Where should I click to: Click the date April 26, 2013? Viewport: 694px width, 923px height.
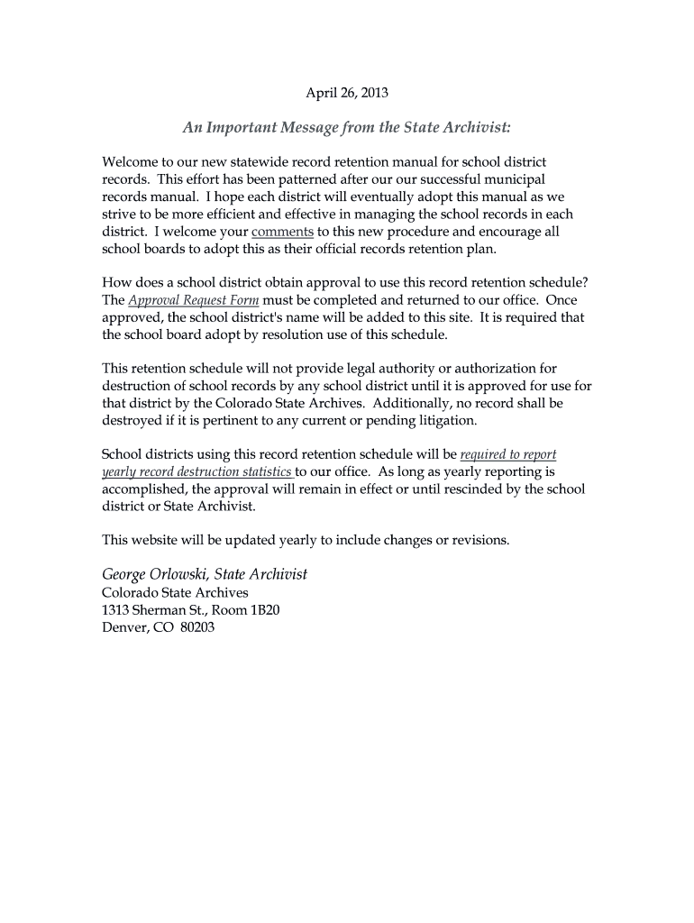coord(347,92)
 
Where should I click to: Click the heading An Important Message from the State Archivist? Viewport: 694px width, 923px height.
coord(347,128)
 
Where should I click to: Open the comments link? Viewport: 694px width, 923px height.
coord(283,231)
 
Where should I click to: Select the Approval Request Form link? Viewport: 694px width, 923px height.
coord(194,300)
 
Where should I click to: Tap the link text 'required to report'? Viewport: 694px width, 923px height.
coord(508,454)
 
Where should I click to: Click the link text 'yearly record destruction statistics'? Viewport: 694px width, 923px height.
coord(197,471)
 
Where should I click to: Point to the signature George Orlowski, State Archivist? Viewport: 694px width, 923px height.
coord(205,574)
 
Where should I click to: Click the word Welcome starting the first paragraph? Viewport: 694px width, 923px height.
coord(131,162)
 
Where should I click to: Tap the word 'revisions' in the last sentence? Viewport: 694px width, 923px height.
coord(479,540)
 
